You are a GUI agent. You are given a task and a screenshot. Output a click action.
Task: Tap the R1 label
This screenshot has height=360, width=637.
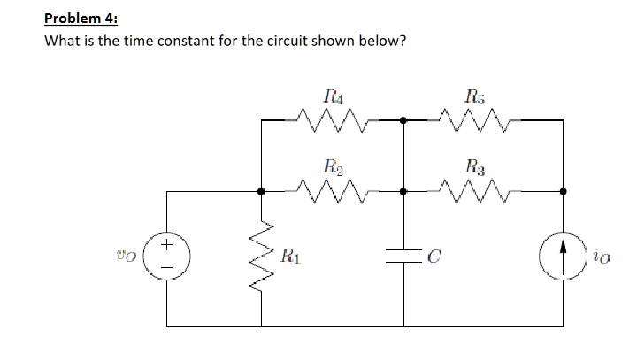click(288, 258)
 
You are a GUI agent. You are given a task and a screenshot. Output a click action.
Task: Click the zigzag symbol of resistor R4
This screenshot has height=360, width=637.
click(333, 119)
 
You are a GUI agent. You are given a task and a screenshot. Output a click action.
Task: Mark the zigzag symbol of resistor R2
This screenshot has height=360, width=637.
click(333, 190)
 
